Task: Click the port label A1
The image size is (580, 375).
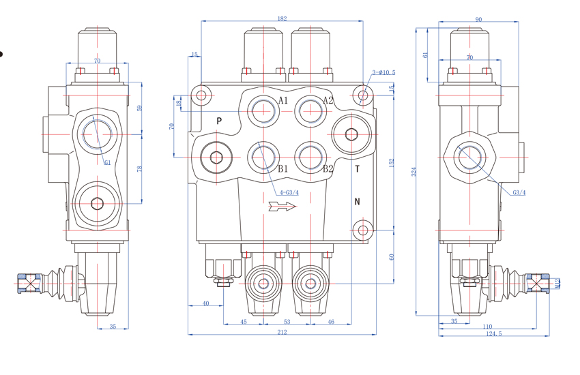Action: (283, 101)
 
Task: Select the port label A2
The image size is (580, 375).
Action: (328, 101)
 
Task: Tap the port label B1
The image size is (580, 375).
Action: (283, 168)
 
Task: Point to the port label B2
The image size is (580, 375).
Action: (328, 168)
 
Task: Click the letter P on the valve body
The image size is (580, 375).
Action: (219, 121)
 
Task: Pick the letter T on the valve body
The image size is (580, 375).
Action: (357, 169)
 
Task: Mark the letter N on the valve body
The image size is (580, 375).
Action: (357, 201)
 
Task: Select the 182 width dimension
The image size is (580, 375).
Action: (282, 18)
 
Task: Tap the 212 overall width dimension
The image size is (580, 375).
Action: (282, 332)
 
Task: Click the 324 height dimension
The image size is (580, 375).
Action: (414, 172)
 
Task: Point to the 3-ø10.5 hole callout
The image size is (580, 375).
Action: (383, 72)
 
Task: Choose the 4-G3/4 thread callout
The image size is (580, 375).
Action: (289, 193)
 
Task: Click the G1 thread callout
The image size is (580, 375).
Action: (108, 162)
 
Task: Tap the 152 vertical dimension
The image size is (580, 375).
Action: (392, 164)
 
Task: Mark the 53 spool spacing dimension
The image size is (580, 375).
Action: (287, 322)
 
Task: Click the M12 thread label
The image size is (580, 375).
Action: (557, 282)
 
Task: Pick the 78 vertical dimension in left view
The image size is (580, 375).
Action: (140, 168)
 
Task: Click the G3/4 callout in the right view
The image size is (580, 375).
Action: (519, 192)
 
